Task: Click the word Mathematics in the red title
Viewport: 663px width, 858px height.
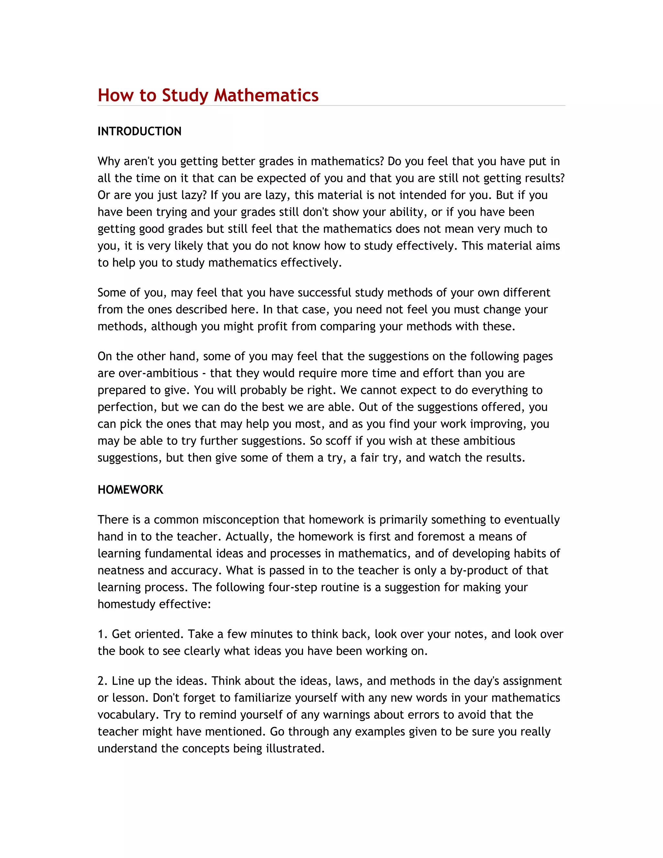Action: (266, 96)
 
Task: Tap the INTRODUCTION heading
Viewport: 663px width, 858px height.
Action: (140, 131)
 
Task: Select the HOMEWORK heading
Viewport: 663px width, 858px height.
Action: (130, 490)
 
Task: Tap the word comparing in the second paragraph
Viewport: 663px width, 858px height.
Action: (348, 326)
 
